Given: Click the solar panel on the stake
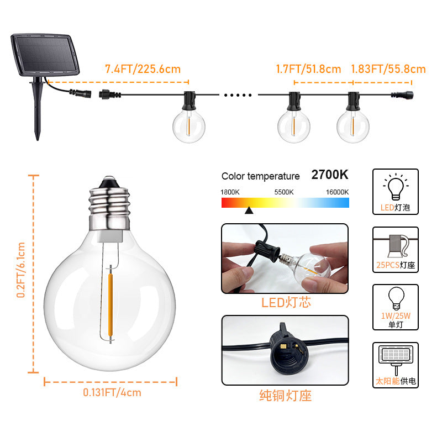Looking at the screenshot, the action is [45, 54].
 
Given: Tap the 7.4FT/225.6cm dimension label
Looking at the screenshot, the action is [143, 69].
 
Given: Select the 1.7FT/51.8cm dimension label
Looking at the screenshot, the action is [308, 69].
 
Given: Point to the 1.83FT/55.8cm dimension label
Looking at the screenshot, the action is [388, 69].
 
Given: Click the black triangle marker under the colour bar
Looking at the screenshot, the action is [249, 211].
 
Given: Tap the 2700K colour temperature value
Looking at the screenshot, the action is [330, 175].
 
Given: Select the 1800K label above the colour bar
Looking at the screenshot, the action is [230, 192].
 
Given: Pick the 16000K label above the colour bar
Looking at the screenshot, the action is [337, 192].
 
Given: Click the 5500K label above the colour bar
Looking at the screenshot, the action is [284, 192].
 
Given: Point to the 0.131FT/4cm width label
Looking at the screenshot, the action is [112, 392].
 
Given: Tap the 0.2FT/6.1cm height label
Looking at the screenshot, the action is [21, 270].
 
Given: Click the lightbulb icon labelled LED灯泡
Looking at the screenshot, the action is [396, 187].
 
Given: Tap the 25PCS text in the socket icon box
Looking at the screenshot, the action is [388, 265].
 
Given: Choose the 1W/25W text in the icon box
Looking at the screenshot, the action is [396, 315].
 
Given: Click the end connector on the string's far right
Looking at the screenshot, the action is [403, 94].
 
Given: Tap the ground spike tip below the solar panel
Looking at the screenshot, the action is [38, 139].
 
